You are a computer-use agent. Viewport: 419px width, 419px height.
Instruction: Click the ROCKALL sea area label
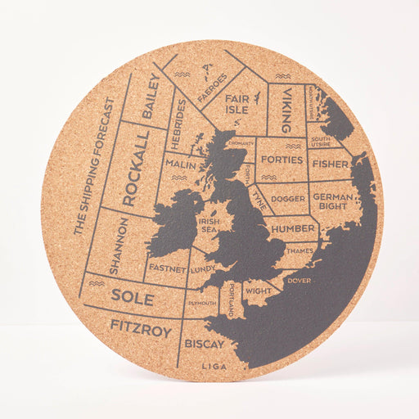[x=135, y=167]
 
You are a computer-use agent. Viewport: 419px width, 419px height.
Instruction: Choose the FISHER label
[x=330, y=164]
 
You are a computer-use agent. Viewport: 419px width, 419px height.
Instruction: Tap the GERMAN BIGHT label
[x=331, y=201]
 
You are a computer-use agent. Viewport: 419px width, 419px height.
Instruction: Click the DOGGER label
[x=288, y=197]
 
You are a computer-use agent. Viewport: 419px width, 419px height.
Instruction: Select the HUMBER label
[x=292, y=228]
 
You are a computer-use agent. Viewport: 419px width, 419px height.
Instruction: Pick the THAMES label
[x=300, y=250]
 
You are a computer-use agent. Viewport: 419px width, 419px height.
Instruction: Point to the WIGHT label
[x=258, y=291]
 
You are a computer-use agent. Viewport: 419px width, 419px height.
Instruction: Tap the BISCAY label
[x=205, y=344]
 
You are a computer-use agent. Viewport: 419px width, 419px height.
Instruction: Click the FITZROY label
[x=141, y=329]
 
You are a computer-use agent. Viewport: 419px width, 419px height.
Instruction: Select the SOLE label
[x=132, y=298]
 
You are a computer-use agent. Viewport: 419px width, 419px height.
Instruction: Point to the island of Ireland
[x=173, y=224]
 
